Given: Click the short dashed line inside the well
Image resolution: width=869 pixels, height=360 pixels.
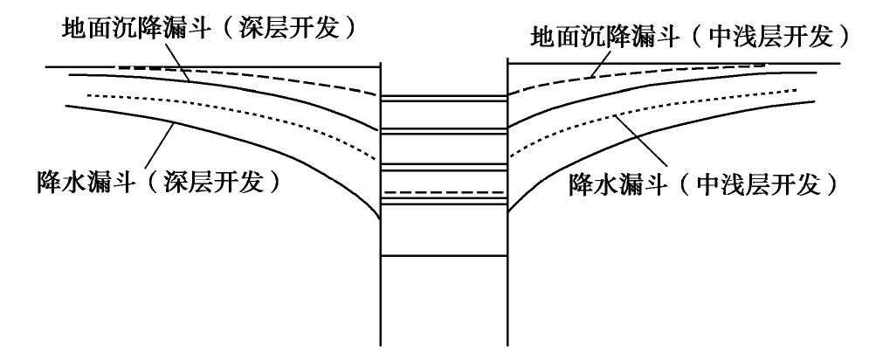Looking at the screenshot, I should pyautogui.click(x=445, y=191).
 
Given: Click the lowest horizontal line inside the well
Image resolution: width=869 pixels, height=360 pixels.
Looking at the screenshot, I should pyautogui.click(x=445, y=255).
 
